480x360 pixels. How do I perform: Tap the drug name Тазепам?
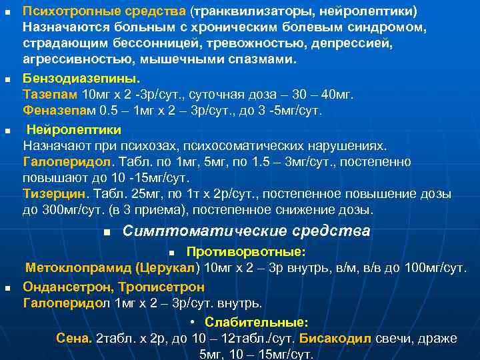tap(49, 95)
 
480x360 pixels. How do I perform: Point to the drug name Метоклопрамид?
tap(78, 268)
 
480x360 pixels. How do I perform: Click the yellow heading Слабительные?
tap(257, 322)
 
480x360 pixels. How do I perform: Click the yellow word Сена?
tap(73, 338)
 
